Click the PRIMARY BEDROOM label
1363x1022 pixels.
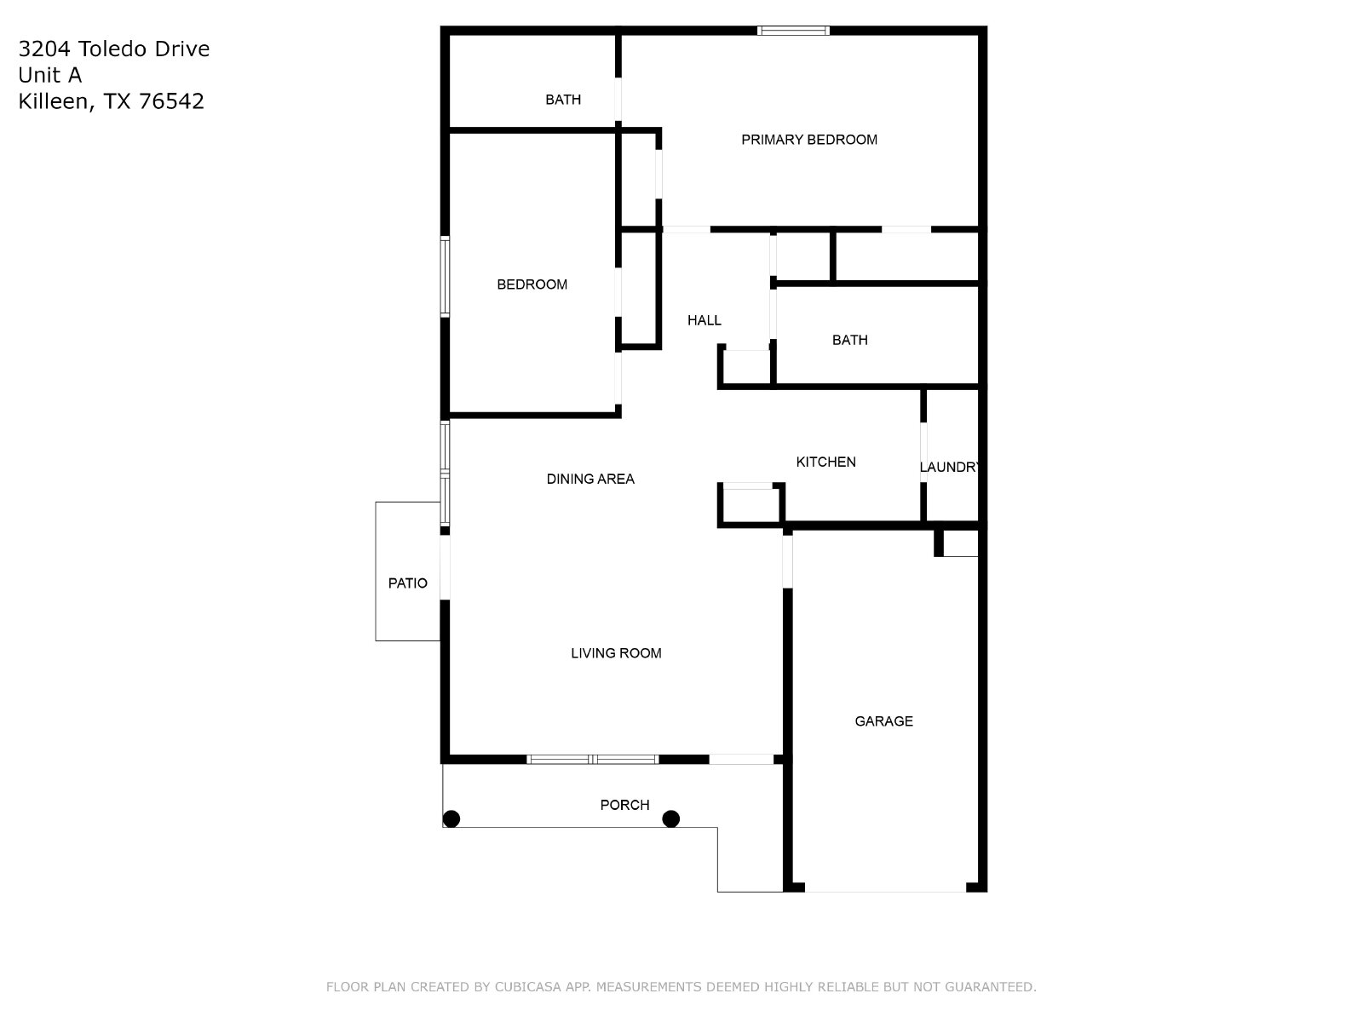tap(808, 140)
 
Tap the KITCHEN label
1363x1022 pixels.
tap(825, 462)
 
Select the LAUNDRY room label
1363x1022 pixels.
tap(949, 468)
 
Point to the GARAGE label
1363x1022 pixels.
tap(883, 721)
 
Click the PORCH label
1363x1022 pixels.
tap(624, 805)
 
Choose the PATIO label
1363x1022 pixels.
tap(407, 583)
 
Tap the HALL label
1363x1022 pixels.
tap(705, 320)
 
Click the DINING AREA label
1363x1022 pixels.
tap(589, 479)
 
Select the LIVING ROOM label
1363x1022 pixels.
tap(616, 652)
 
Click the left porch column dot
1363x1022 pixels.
tap(451, 819)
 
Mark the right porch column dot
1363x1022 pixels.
tap(670, 819)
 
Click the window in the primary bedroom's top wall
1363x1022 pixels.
tap(793, 31)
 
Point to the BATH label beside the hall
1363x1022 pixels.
tap(849, 340)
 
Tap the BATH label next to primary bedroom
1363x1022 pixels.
tap(563, 100)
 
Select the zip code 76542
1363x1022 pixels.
tap(171, 101)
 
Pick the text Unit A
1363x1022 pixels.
tap(50, 75)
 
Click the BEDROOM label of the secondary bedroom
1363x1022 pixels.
tap(532, 284)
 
